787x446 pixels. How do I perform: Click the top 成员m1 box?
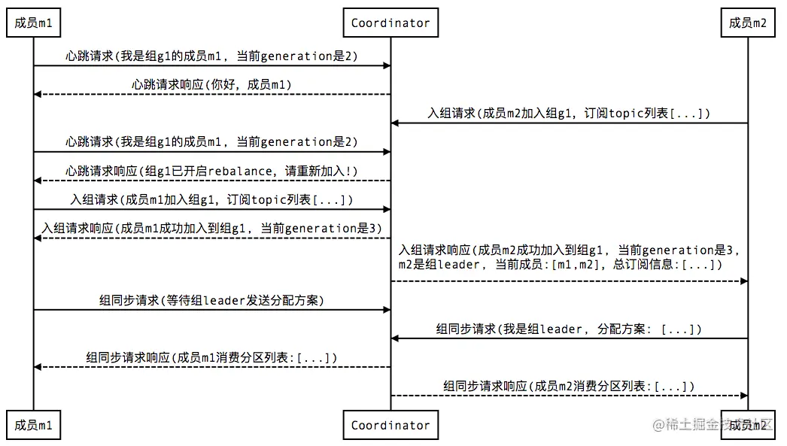point(33,23)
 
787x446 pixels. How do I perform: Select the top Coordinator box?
point(390,23)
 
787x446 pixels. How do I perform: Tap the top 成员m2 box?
point(748,23)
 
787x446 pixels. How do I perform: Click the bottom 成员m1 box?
point(33,425)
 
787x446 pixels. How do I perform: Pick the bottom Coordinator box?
point(390,425)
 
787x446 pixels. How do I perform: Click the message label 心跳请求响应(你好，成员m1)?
point(211,85)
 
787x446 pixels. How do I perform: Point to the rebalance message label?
point(211,171)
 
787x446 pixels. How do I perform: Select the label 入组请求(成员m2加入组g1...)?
point(569,114)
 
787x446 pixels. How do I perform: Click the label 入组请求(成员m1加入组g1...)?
point(211,199)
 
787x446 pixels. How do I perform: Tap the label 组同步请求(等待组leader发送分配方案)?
point(211,300)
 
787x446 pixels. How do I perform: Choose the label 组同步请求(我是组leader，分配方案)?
point(569,329)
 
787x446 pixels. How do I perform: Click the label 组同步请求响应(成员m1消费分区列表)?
point(211,357)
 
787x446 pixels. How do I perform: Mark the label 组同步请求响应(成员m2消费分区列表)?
point(569,386)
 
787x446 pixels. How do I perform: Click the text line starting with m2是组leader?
point(561,265)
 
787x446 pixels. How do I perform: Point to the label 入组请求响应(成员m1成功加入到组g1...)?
point(211,228)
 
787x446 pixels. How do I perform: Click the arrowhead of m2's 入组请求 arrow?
point(394,123)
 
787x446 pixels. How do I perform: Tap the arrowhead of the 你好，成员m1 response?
point(38,94)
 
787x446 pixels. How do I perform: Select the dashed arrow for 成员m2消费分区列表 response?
point(569,396)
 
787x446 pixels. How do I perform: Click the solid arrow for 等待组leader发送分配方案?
point(211,309)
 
